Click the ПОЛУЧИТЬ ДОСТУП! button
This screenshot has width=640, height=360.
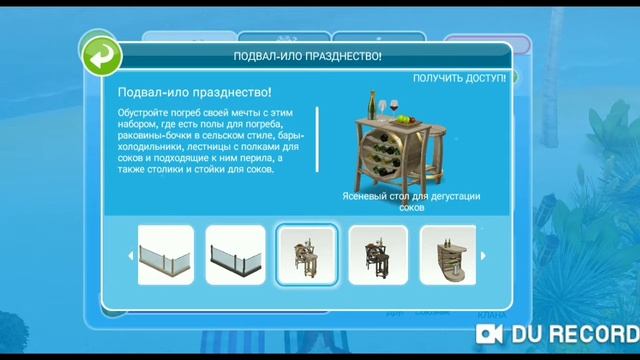click(x=460, y=78)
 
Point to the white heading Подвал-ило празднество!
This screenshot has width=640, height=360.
click(x=186, y=93)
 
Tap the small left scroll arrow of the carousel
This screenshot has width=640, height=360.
click(x=130, y=255)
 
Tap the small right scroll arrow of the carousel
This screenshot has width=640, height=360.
click(x=484, y=255)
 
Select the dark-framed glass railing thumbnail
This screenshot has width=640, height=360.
click(x=236, y=256)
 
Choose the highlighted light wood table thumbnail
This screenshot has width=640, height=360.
click(x=306, y=256)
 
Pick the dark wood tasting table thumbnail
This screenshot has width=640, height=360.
click(x=378, y=256)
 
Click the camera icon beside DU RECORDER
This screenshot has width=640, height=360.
click(x=489, y=332)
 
